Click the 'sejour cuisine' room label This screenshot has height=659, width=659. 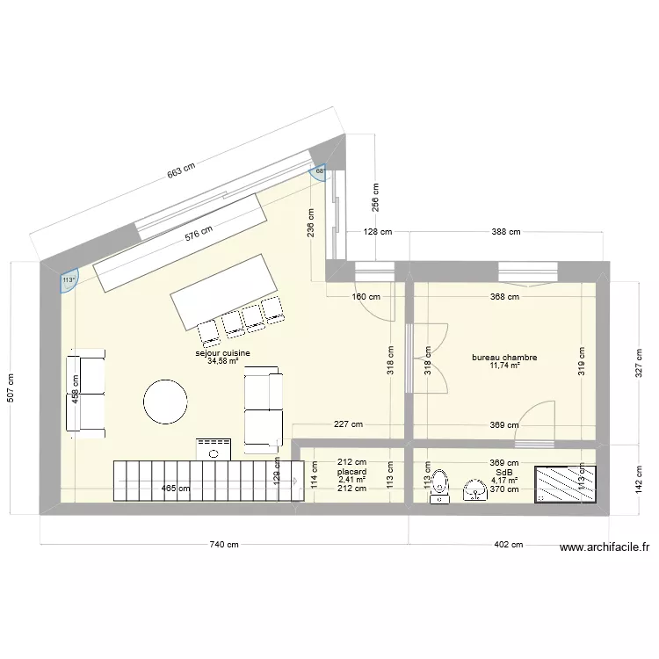(222, 353)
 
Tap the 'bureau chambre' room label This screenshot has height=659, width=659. (504, 358)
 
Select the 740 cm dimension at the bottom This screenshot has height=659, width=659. (223, 545)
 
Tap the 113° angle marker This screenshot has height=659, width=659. (69, 280)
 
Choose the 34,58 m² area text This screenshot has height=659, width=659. (222, 361)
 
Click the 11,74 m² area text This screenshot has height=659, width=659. (504, 366)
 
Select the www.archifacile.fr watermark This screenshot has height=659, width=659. (605, 547)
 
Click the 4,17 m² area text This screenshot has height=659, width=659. (503, 481)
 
